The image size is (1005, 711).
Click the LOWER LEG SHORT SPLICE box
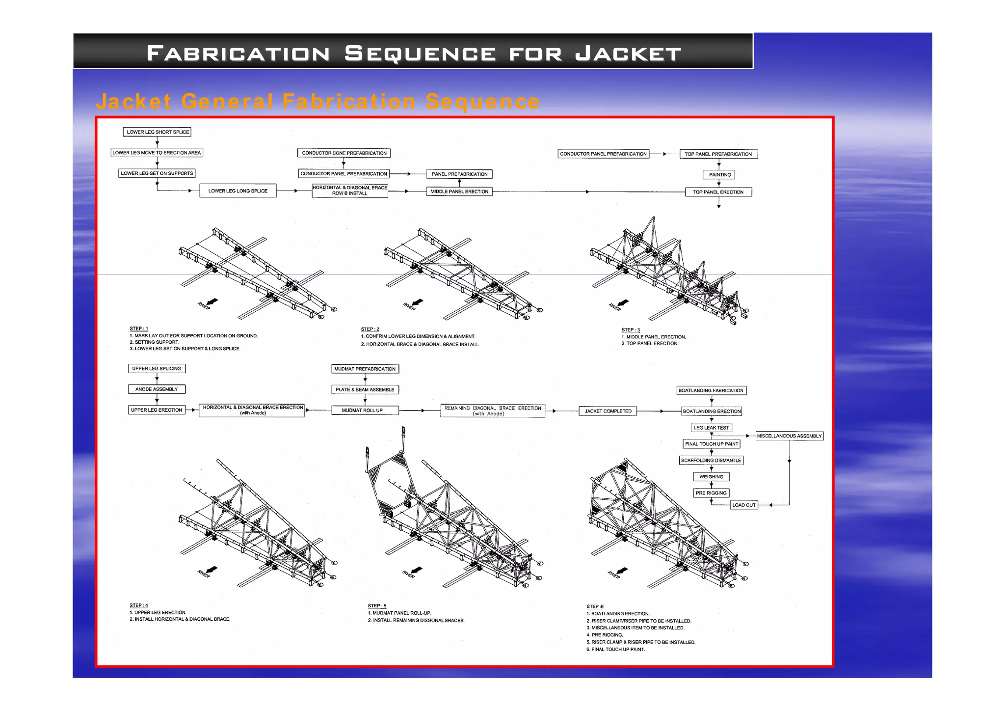tap(157, 132)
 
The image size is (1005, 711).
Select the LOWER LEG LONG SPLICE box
tap(238, 191)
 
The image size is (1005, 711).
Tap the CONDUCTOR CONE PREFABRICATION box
tap(344, 153)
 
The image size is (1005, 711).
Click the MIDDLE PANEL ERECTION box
tap(459, 191)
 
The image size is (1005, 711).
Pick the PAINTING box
tap(719, 175)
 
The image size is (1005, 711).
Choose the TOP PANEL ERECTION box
tap(718, 192)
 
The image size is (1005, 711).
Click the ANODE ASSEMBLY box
tap(157, 389)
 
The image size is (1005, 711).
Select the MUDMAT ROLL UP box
tap(365, 410)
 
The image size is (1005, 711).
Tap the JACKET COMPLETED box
tap(608, 411)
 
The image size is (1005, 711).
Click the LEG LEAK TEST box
tap(711, 428)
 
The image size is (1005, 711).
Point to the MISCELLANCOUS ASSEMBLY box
tap(789, 436)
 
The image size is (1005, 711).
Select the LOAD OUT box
tap(744, 505)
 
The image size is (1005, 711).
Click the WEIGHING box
tap(711, 477)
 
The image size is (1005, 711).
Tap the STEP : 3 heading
tap(631, 330)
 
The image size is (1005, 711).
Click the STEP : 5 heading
tap(377, 606)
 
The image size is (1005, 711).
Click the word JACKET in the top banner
tap(628, 54)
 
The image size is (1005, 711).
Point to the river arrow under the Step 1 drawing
tap(212, 301)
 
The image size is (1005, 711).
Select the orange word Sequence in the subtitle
tap(482, 102)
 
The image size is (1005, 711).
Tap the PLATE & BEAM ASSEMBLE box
tap(365, 390)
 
